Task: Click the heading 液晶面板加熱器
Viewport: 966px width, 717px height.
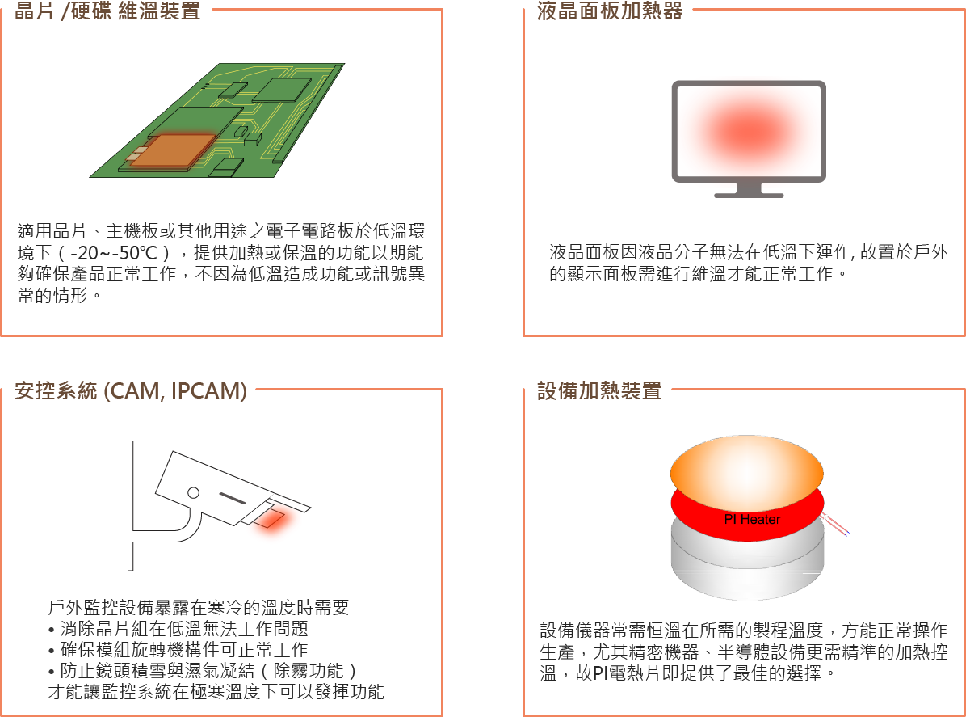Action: pyautogui.click(x=609, y=11)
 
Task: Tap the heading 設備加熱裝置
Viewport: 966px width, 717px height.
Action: pyautogui.click(x=599, y=390)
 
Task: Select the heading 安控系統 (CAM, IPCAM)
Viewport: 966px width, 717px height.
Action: pyautogui.click(x=131, y=390)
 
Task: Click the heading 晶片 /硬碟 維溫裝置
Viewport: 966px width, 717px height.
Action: pyautogui.click(x=107, y=11)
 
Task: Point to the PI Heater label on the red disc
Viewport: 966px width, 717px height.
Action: pyautogui.click(x=752, y=519)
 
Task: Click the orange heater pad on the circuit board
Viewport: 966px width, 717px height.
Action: pyautogui.click(x=173, y=150)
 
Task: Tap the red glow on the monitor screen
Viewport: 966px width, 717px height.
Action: pyautogui.click(x=749, y=131)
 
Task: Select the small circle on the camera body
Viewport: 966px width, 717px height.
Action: pyautogui.click(x=194, y=492)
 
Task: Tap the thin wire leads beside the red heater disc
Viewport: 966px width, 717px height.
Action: pyautogui.click(x=836, y=525)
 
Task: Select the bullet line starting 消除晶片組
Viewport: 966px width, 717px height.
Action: pyautogui.click(x=178, y=629)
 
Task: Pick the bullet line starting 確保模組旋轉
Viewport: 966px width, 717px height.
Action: pyautogui.click(x=178, y=650)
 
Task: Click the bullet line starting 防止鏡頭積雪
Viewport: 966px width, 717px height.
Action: pyautogui.click(x=203, y=671)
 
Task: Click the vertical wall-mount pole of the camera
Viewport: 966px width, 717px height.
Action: pyautogui.click(x=131, y=505)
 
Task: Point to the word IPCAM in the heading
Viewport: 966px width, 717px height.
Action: pyautogui.click(x=209, y=391)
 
